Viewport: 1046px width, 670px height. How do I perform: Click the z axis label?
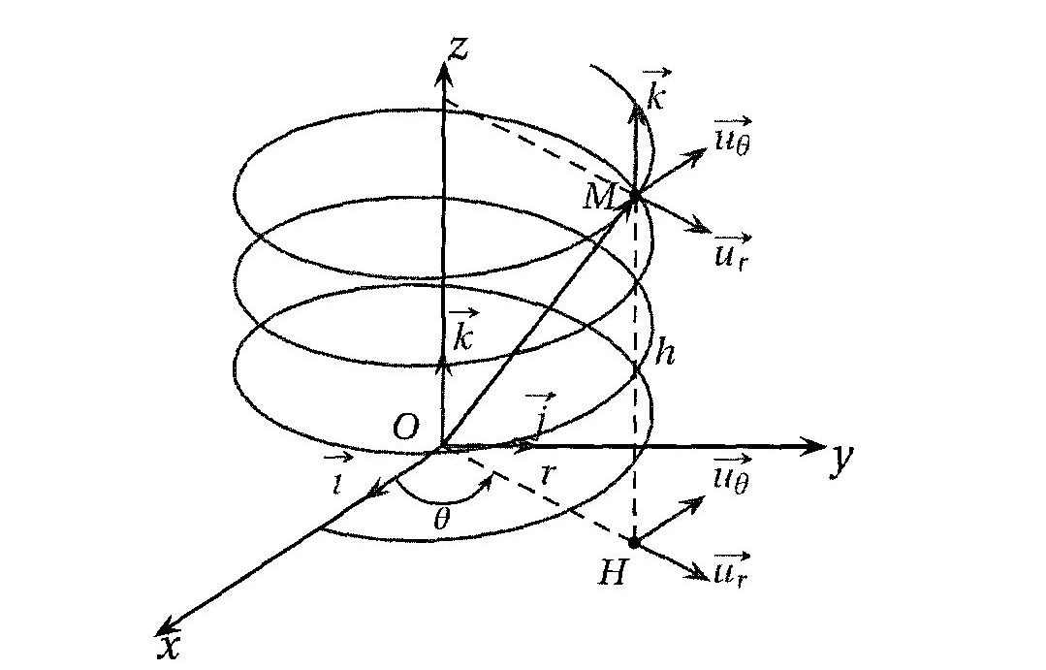coord(459,48)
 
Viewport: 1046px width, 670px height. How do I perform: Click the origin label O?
coord(405,427)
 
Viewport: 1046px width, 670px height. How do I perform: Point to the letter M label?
coord(598,196)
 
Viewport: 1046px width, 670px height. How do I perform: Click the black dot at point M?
coord(634,196)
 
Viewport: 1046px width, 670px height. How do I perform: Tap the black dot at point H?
coord(634,543)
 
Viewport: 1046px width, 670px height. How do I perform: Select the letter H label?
coord(612,573)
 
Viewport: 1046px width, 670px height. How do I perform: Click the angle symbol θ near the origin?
coord(441,518)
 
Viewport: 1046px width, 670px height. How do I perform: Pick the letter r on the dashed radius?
coord(548,474)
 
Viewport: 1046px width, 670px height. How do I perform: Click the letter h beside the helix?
coord(664,351)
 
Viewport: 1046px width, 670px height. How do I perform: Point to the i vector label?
coord(338,474)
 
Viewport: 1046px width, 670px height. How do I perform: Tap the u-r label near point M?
coord(733,252)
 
